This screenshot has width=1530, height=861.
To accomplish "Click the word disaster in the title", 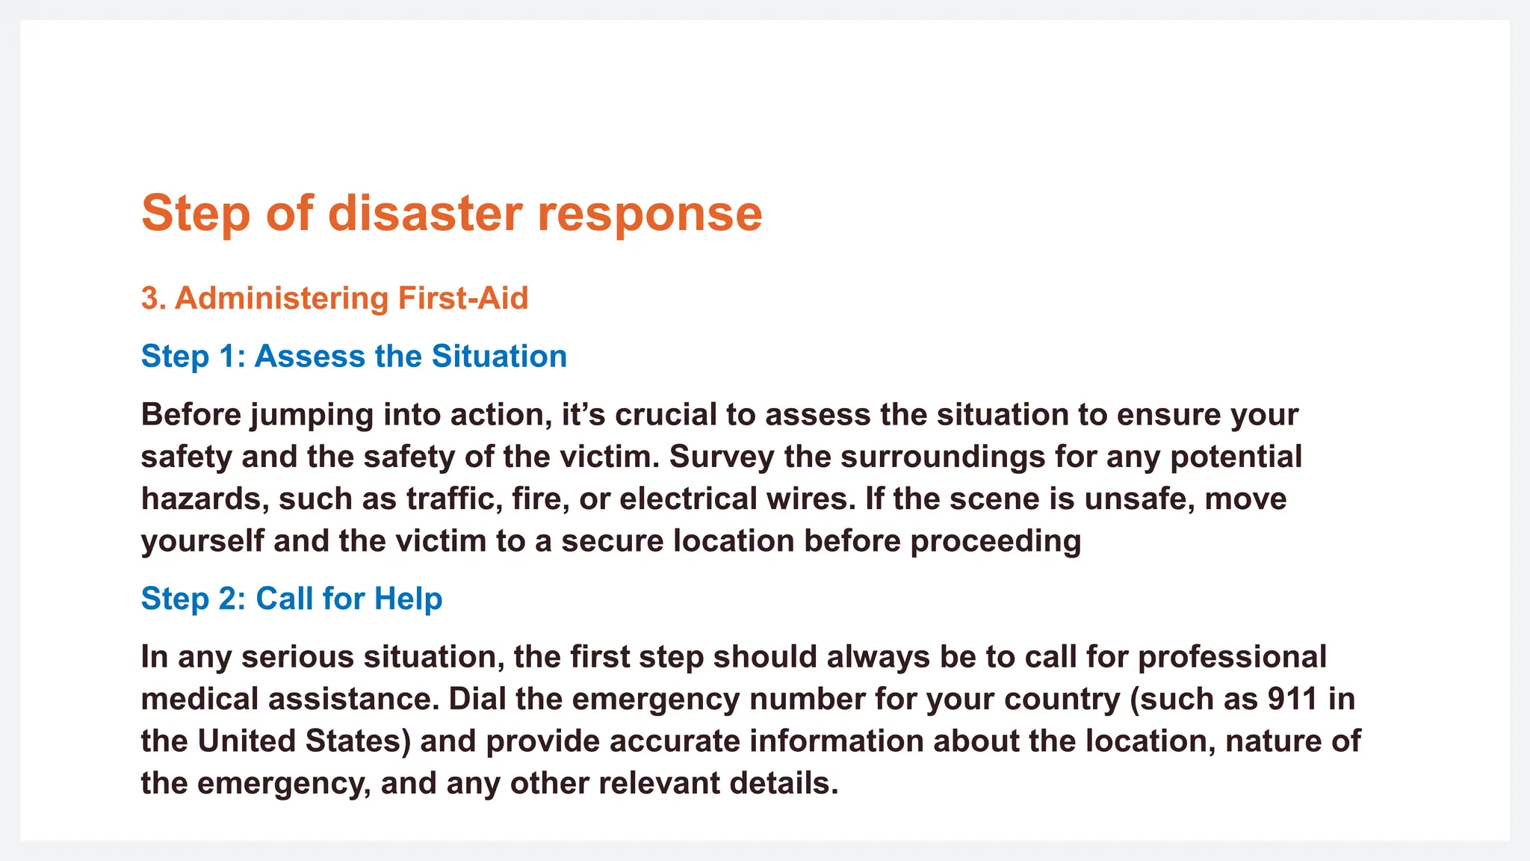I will point(424,214).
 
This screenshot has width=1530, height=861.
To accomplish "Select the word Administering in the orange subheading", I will point(282,298).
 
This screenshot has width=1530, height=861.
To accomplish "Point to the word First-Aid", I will point(463,298).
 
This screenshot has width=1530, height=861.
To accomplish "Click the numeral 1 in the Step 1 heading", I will point(227,357).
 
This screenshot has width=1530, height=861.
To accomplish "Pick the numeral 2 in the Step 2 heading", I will point(228,599).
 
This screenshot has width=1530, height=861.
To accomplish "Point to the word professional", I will point(1232,658).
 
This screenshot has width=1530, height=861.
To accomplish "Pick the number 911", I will point(1292,700).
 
